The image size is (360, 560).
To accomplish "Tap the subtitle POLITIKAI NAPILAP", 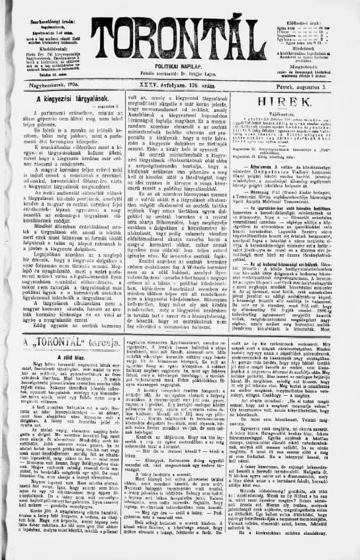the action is (x=180, y=68).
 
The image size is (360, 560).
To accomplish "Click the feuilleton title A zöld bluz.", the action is (x=60, y=355).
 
